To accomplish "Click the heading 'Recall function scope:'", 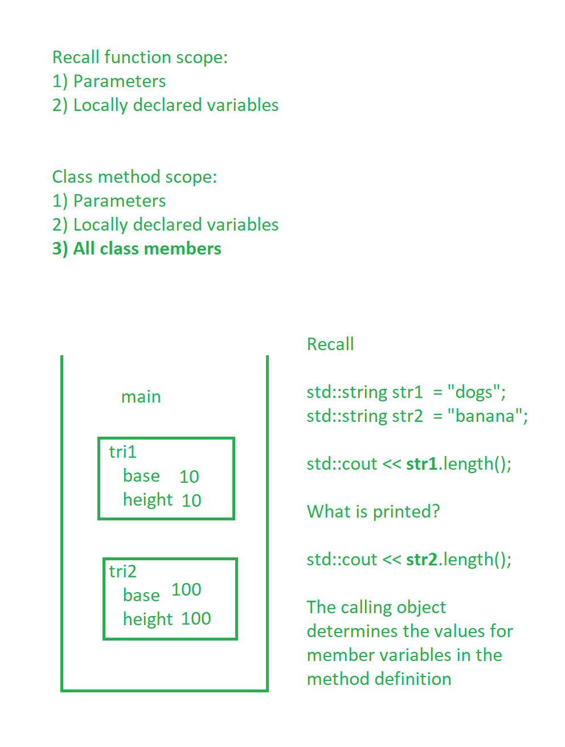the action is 140,57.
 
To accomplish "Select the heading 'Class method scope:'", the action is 134,177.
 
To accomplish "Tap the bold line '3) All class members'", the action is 137,249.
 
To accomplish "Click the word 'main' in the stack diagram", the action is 141,397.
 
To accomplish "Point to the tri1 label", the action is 122,452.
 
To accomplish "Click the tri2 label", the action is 122,571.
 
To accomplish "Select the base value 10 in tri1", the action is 189,477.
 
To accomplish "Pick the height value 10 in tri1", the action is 191,500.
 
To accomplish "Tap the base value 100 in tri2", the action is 186,589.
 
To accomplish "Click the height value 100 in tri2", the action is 196,618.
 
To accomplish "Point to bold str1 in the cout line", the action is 421,463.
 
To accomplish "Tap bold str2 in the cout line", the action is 421,559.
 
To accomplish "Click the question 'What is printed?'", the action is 374,511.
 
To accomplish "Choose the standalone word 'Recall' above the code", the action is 330,344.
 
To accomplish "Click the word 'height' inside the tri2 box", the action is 148,619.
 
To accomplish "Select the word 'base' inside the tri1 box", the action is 141,475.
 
